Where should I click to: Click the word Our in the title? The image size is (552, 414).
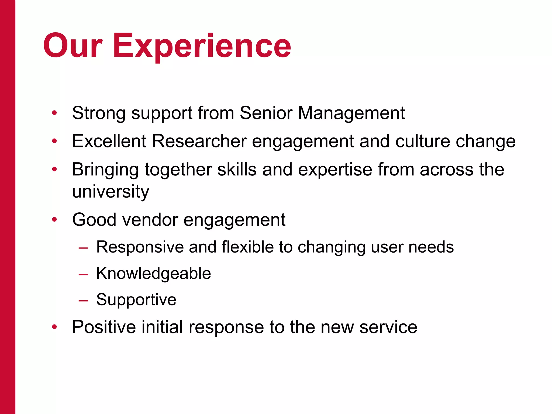[73, 46]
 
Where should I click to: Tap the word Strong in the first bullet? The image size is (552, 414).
[99, 113]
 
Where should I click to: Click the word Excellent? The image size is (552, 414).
[109, 141]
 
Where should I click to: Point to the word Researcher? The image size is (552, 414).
[199, 141]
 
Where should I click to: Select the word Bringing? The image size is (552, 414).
[105, 170]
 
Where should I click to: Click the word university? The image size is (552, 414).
[111, 192]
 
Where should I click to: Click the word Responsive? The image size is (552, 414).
[140, 247]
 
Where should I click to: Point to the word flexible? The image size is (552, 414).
[248, 247]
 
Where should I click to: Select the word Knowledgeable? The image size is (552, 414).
[154, 274]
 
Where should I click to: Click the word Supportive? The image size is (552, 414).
[136, 300]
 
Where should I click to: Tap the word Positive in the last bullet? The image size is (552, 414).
[104, 327]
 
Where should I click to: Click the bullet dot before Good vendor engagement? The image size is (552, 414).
[54, 220]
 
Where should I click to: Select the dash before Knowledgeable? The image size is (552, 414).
[83, 275]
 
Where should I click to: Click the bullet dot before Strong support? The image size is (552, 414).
[54, 113]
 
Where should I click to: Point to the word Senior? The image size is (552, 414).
[266, 113]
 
